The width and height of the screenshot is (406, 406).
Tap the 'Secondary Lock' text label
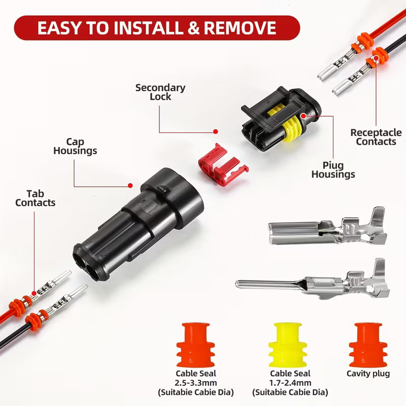point(160,92)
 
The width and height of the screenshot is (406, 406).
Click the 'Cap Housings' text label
point(75,146)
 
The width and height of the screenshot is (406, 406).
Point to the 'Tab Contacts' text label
point(35,198)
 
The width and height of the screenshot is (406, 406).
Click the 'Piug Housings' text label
point(333,170)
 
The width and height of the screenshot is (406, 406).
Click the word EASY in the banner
point(63,28)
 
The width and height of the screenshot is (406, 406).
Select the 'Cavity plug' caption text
point(368,374)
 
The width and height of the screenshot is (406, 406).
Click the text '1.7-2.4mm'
point(291,383)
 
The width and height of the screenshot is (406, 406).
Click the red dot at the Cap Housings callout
point(130,185)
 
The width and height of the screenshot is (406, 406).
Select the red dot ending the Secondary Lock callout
point(215,131)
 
